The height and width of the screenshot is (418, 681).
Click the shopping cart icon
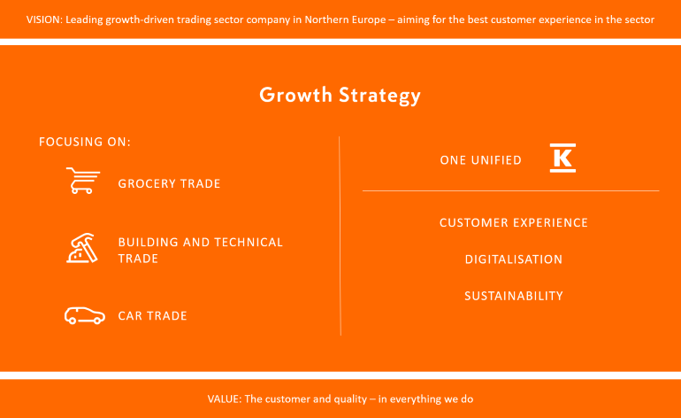(82, 180)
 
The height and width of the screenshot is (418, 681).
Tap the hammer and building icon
(82, 248)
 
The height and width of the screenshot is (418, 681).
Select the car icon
(85, 315)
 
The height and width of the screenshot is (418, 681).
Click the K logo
(562, 158)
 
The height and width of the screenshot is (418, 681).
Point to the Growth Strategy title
(340, 96)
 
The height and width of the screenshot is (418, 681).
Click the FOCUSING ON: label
(85, 142)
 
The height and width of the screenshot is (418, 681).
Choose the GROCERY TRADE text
(170, 183)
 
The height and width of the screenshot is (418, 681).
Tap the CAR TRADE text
(152, 316)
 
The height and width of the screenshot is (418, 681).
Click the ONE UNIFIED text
(481, 160)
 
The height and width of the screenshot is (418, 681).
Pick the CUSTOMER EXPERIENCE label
(514, 222)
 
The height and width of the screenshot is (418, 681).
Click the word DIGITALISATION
(514, 259)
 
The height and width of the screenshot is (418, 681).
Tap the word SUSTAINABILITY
(514, 296)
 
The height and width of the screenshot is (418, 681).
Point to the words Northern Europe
(345, 19)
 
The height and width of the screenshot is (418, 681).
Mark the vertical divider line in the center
(340, 236)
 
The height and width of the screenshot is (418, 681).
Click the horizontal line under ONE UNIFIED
(511, 190)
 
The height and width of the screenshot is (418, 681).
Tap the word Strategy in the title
(380, 97)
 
